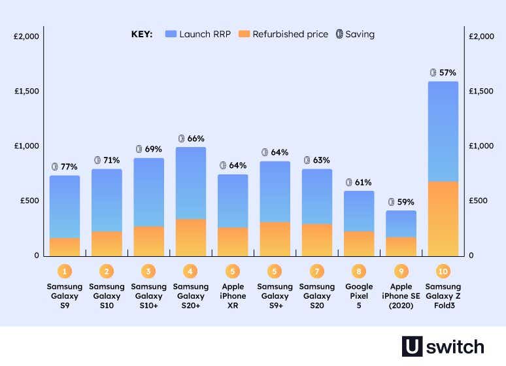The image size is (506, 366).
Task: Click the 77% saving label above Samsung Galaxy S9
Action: pyautogui.click(x=65, y=167)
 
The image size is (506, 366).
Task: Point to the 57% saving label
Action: pyautogui.click(x=443, y=73)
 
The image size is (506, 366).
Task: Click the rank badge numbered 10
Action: pyautogui.click(x=443, y=271)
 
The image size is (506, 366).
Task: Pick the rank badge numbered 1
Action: pyautogui.click(x=65, y=271)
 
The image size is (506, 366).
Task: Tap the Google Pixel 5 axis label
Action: pyautogui.click(x=359, y=295)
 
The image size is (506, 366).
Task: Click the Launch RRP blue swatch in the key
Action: pyautogui.click(x=172, y=34)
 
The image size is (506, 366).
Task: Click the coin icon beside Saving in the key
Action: pyautogui.click(x=339, y=34)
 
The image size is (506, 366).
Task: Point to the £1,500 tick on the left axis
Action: pyautogui.click(x=27, y=91)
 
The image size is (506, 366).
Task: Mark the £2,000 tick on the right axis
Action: pyautogui.click(x=482, y=36)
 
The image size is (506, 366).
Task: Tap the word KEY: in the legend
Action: pyautogui.click(x=142, y=34)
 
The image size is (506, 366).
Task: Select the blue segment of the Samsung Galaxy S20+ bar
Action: pyautogui.click(x=191, y=183)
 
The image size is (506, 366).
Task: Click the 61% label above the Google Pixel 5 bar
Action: pyautogui.click(x=359, y=182)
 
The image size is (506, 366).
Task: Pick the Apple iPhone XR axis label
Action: pyautogui.click(x=233, y=295)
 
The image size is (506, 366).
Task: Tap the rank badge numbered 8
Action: pyautogui.click(x=359, y=271)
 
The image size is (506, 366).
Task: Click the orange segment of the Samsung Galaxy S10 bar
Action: pyautogui.click(x=107, y=243)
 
